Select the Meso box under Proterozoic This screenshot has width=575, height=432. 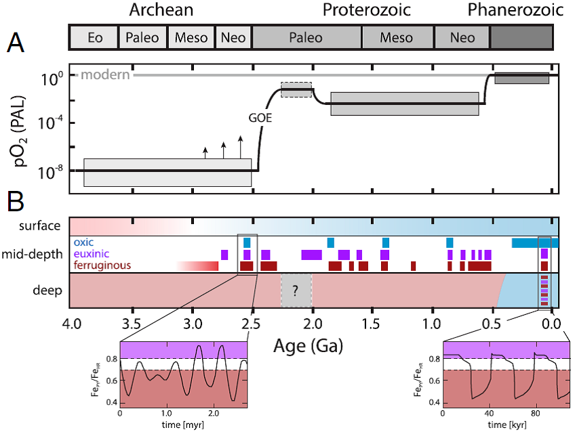click(x=396, y=37)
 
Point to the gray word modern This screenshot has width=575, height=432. click(x=105, y=74)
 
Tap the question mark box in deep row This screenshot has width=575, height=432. click(x=296, y=290)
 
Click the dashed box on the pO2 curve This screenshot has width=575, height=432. click(x=296, y=89)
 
